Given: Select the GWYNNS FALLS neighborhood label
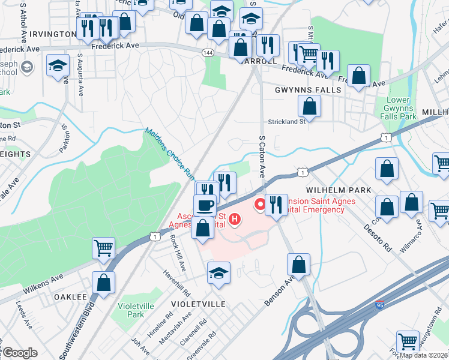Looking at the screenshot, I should pos(307,90).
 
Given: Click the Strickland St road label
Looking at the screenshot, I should pos(286,121).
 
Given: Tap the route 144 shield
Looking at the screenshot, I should pos(207,53).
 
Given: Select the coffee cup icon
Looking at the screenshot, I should pos(205,205).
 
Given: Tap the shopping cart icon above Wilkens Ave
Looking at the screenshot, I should pos(103,247).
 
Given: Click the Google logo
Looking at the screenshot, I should pos(20,352).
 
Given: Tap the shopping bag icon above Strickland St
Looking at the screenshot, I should pos(309,106).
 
